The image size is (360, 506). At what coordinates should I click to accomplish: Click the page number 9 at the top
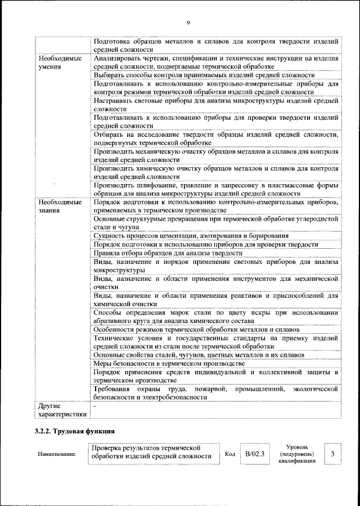click(188, 23)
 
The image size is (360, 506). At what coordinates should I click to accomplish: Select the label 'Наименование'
click(57, 454)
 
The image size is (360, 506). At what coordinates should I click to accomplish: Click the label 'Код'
click(229, 454)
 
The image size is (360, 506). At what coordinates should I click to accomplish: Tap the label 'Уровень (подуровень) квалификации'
click(296, 454)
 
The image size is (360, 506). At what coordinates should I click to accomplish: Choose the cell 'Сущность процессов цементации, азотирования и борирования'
click(191, 236)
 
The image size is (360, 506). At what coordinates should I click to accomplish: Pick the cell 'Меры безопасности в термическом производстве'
click(169, 364)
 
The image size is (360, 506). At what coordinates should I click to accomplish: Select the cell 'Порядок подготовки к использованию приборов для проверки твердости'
click(206, 244)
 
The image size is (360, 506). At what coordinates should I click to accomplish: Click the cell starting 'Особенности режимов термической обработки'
click(196, 329)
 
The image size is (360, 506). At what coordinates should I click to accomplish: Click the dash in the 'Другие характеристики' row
click(96, 405)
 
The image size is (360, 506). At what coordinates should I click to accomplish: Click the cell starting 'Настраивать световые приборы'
click(216, 105)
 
